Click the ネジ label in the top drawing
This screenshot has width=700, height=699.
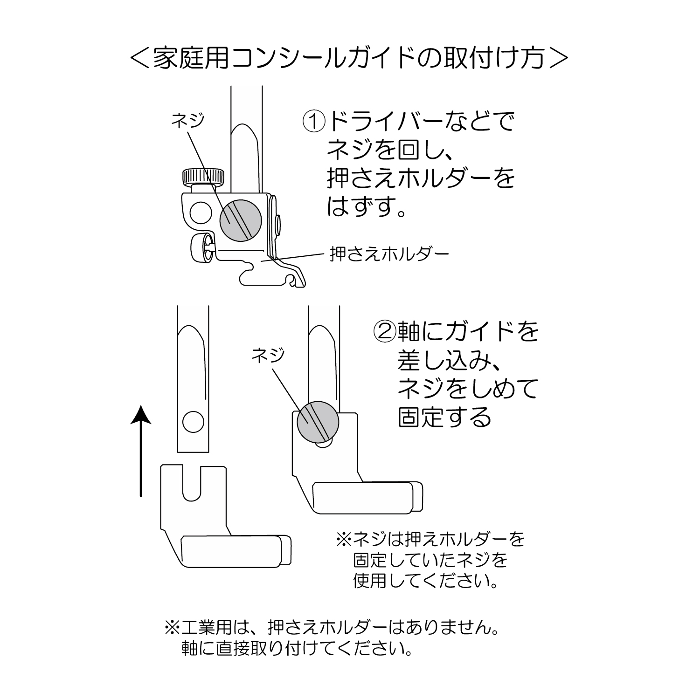pyautogui.click(x=188, y=121)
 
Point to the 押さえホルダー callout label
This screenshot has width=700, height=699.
pyautogui.click(x=389, y=254)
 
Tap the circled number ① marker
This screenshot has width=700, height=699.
pyautogui.click(x=314, y=122)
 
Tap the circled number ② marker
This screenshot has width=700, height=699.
pyautogui.click(x=384, y=331)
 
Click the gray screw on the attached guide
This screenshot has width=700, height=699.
pyautogui.click(x=319, y=422)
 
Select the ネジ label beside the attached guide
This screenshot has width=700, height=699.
pyautogui.click(x=268, y=356)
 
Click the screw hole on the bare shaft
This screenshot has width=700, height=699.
pyautogui.click(x=193, y=423)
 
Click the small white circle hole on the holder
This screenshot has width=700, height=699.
pyautogui.click(x=200, y=212)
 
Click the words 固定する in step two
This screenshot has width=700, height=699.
pyautogui.click(x=445, y=417)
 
